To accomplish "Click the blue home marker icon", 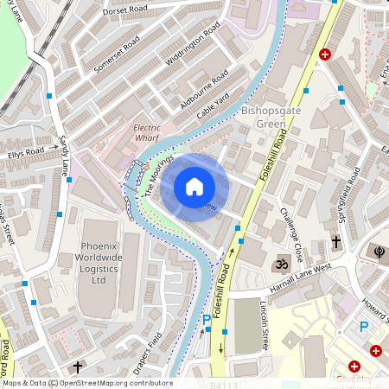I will tap(194, 186).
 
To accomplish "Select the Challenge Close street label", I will tap(290, 235).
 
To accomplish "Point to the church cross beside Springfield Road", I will tap(335, 244).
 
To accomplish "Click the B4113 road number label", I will tap(221, 383).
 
